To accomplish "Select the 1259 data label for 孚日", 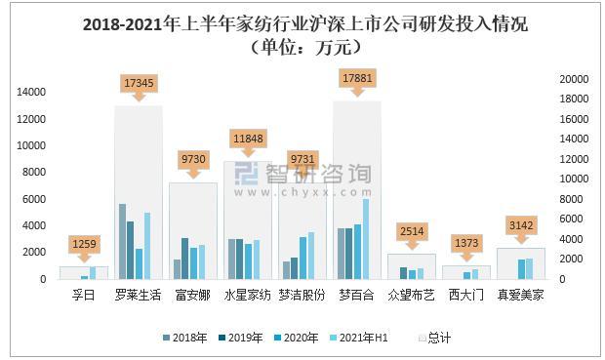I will tap(84, 244).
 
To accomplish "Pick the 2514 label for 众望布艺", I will tap(411, 231).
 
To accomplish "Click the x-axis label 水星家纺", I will tap(248, 294).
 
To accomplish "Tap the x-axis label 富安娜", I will tap(193, 294).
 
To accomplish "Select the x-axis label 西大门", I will tap(465, 294).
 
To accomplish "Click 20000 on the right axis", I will tap(574, 79).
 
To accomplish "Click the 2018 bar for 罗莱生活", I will tap(123, 241).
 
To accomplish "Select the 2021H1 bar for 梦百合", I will tap(366, 239).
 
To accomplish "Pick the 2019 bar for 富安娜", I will tap(185, 259).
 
